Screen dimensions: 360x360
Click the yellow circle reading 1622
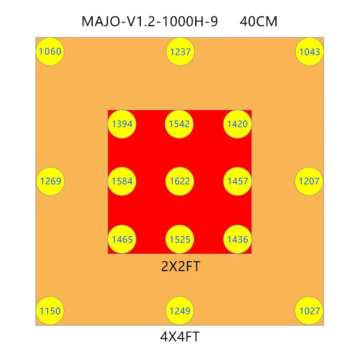[179, 181]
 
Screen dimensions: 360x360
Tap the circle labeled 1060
[50, 52]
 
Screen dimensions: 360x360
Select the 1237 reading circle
[180, 52]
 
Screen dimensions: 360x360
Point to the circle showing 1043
[309, 52]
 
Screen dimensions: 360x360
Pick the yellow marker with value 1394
[122, 124]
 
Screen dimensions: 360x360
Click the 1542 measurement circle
[179, 124]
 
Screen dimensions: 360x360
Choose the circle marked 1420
[237, 124]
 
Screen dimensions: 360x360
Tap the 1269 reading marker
[50, 181]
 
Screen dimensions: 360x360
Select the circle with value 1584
[122, 181]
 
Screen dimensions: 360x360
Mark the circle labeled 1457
[237, 181]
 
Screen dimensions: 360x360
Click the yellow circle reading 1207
[309, 181]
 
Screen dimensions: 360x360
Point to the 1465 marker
[122, 239]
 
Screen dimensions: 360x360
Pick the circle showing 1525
[179, 239]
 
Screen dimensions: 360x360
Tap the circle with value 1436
[237, 239]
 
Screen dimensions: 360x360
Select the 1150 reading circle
[50, 311]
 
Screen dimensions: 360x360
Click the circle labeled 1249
[180, 311]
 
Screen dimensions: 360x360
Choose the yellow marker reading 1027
[309, 311]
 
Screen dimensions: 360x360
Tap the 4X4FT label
[179, 337]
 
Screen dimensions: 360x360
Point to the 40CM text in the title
[259, 22]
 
